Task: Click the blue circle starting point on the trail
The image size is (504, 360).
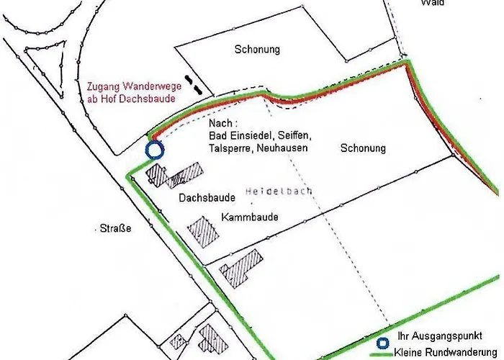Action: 155,150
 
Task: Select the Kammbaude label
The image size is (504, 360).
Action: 250,217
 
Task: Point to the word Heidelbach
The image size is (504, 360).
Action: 274,192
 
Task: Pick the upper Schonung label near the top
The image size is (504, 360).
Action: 257,50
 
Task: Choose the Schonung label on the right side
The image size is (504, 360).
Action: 363,148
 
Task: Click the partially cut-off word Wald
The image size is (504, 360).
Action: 433,3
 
